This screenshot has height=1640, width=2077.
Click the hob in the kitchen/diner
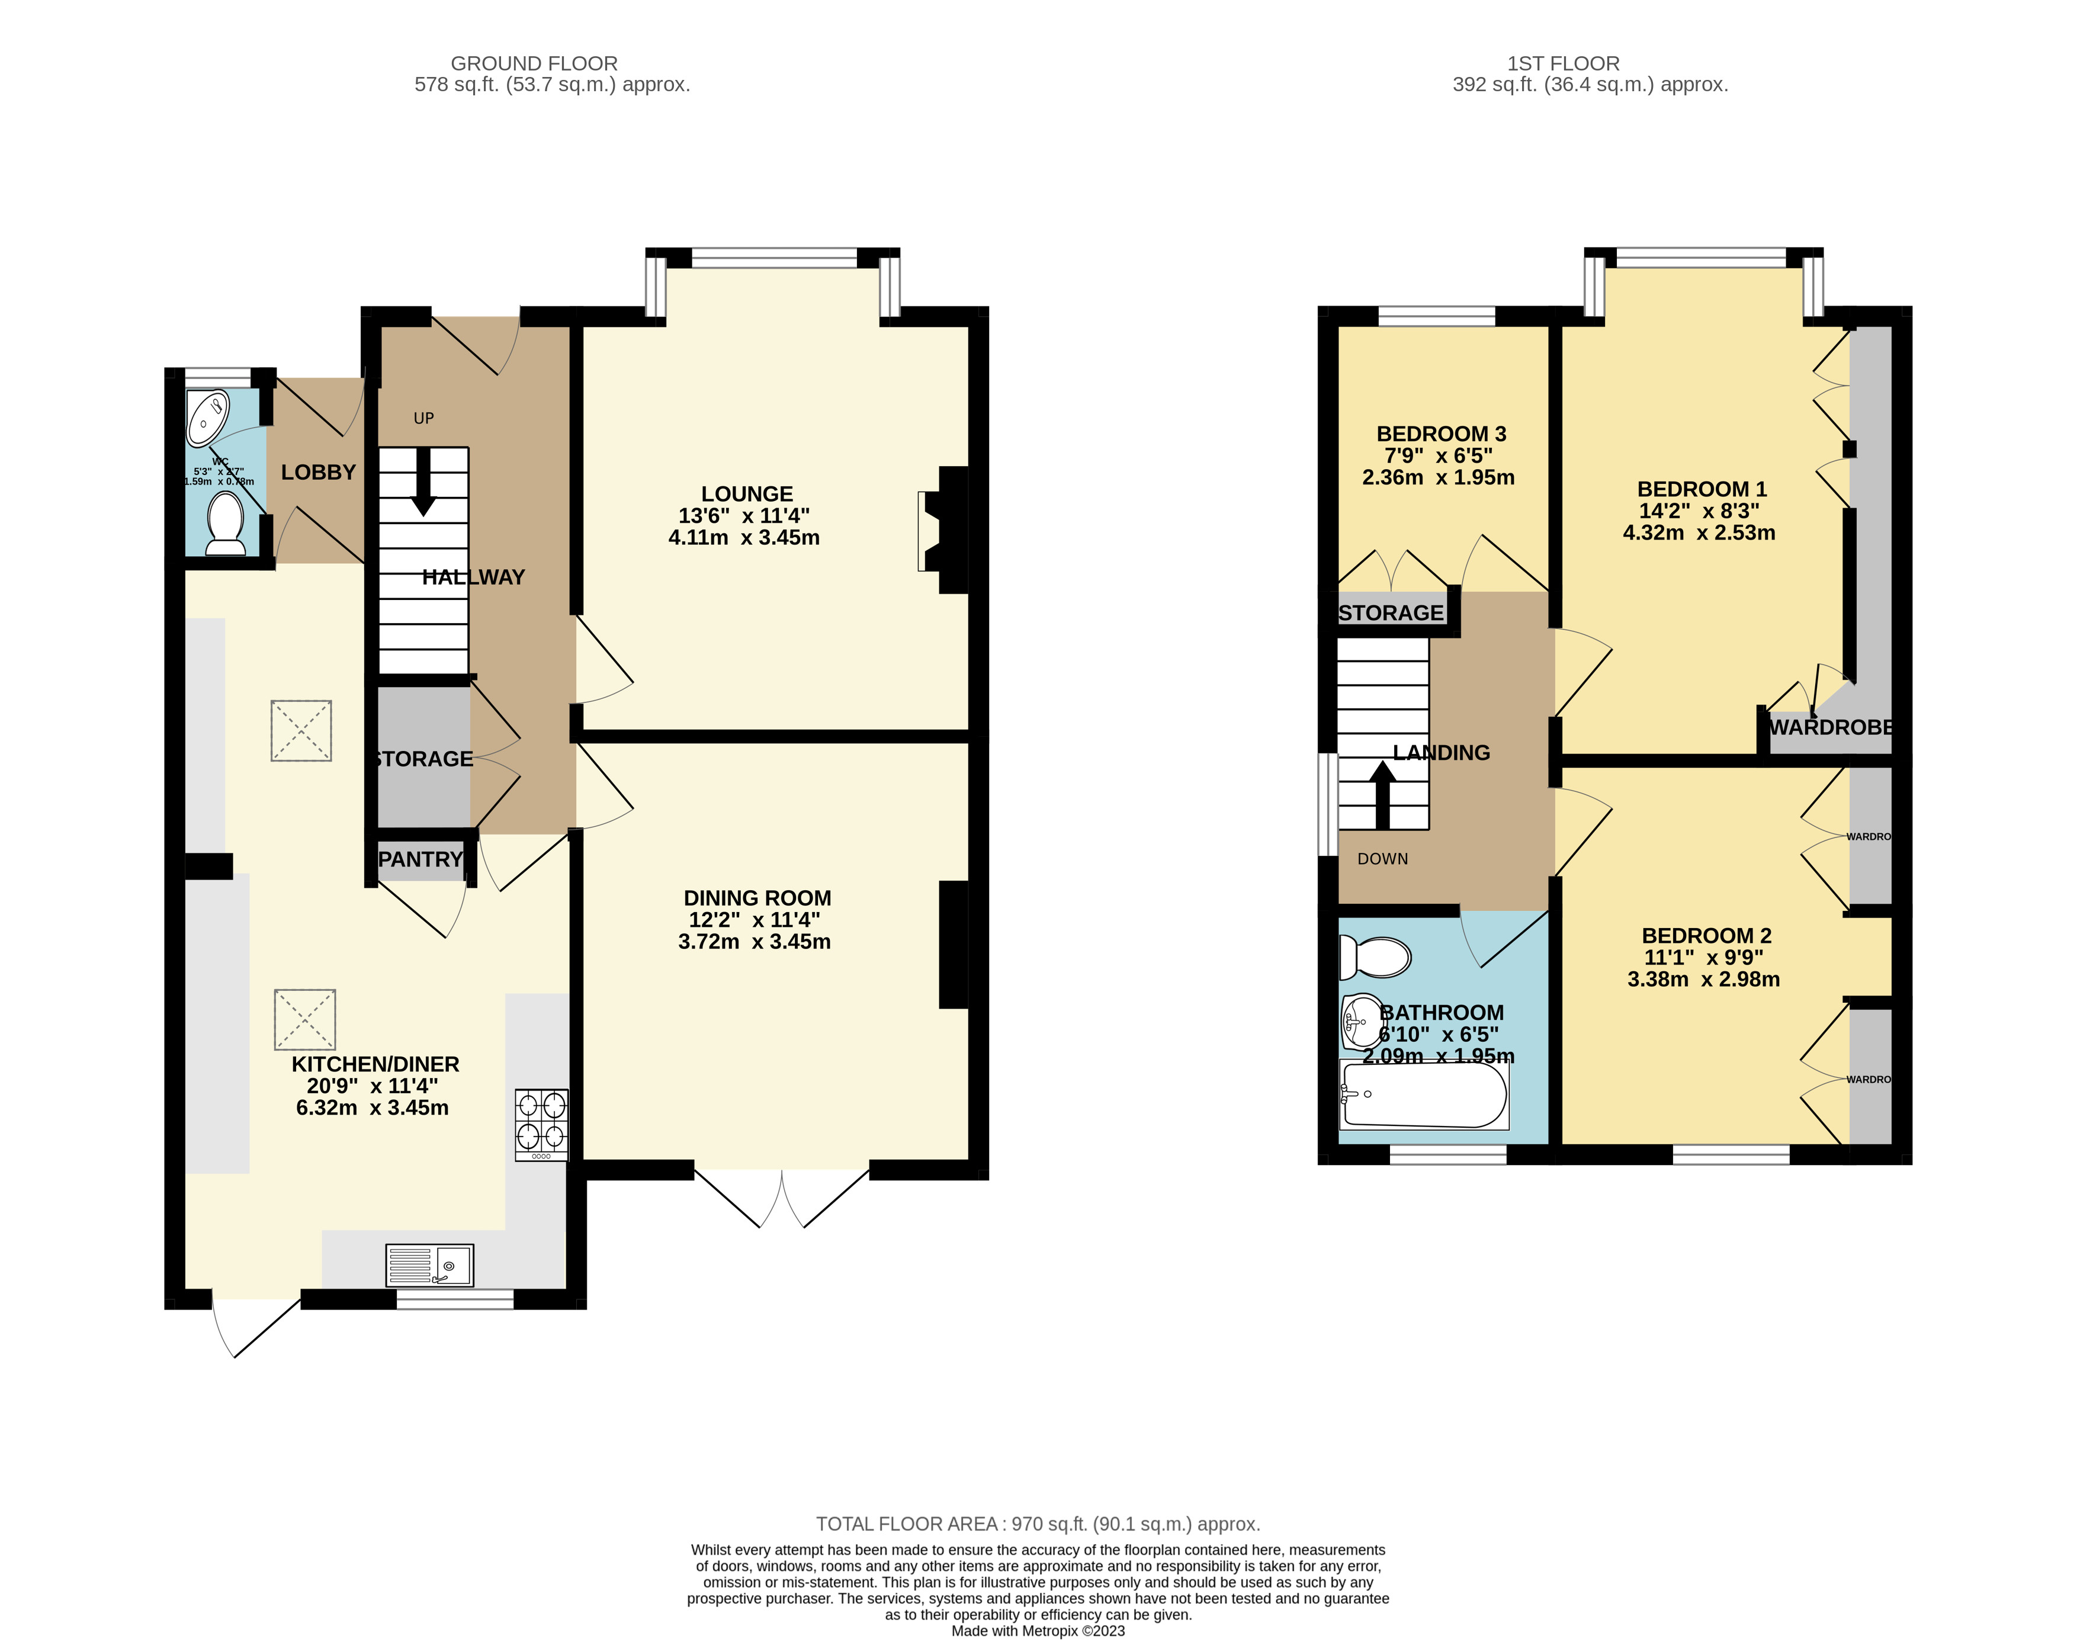(541, 1124)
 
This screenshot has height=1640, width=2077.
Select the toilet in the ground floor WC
(226, 524)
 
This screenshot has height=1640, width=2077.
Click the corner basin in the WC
(207, 418)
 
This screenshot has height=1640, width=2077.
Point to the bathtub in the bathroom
(1424, 1095)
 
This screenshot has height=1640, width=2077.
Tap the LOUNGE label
(746, 493)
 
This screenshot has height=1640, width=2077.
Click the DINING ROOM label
(757, 898)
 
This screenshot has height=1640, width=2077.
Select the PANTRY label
(420, 859)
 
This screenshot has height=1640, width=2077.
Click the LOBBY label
(318, 473)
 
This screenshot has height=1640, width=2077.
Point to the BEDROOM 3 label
(1440, 434)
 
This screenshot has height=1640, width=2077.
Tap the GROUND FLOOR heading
(534, 63)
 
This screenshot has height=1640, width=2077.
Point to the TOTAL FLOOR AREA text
(1037, 1524)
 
